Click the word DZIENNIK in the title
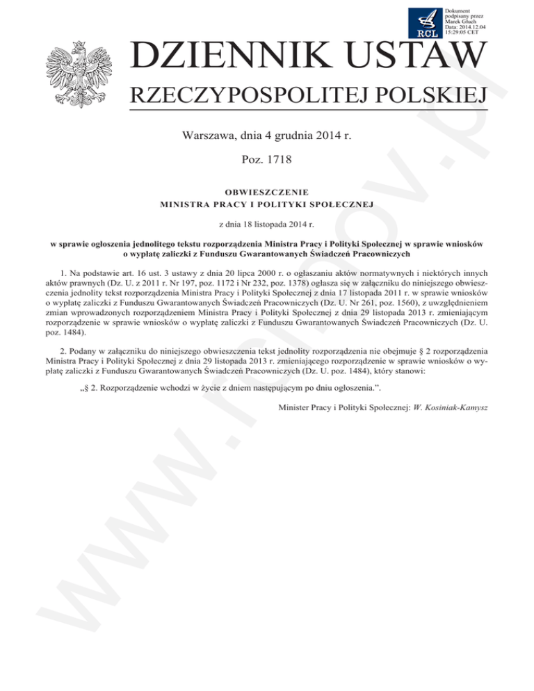[232, 59]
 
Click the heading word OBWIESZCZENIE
[267, 191]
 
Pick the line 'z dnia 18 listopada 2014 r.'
[267, 224]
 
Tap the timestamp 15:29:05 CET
[461, 31]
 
